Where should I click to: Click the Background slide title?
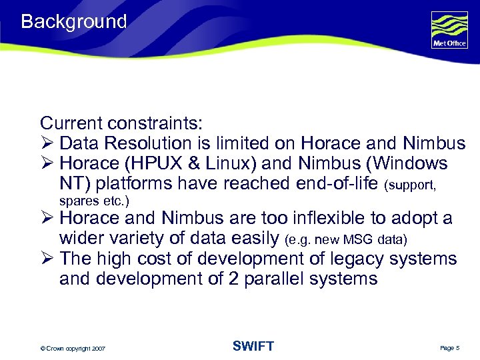point(73,22)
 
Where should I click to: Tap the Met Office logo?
point(449,30)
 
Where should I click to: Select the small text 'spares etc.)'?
point(94,201)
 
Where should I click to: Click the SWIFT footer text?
point(253,346)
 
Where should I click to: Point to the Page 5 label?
point(450,348)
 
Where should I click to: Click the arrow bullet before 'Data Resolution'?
point(46,144)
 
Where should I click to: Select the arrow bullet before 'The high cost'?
point(46,259)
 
